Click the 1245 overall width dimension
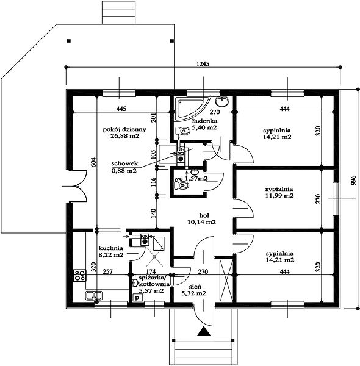tap(203, 63)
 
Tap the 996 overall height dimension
tap(353, 181)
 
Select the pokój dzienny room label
tap(124, 132)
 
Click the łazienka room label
tap(204, 124)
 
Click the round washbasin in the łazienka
tap(221, 101)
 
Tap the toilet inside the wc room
tap(182, 185)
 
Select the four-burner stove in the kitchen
tap(79, 276)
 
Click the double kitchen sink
tap(93, 296)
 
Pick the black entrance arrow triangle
tap(204, 331)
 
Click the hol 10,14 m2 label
tap(201, 219)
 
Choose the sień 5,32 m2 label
tap(194, 290)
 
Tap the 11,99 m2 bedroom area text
tap(279, 196)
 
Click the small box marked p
tap(138, 298)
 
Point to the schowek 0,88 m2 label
tap(124, 167)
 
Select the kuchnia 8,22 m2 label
tap(111, 251)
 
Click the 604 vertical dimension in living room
tap(93, 162)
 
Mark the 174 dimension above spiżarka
tap(151, 271)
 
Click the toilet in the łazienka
tap(183, 131)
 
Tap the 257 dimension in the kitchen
tap(107, 271)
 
